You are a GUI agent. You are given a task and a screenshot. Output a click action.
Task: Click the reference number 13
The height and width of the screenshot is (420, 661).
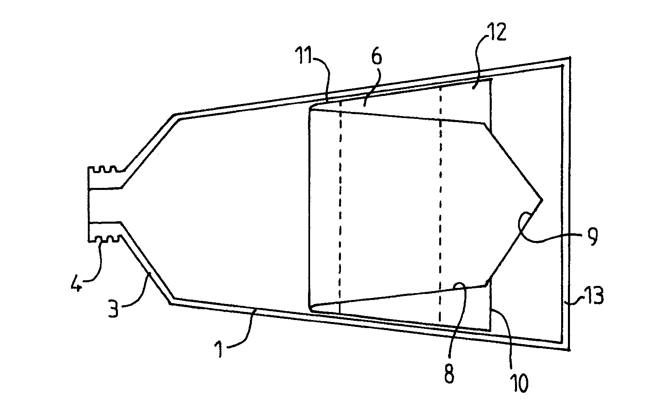tap(594, 296)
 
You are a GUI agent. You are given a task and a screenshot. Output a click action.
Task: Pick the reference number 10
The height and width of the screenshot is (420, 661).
tap(519, 383)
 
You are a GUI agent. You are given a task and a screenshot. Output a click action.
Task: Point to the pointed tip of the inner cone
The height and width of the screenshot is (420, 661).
tap(542, 200)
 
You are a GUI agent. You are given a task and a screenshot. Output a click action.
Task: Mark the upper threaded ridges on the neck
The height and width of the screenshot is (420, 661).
tap(107, 169)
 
